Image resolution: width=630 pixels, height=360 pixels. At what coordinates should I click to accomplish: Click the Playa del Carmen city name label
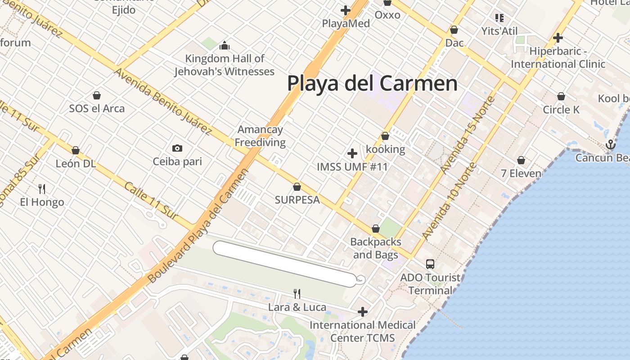click(x=372, y=84)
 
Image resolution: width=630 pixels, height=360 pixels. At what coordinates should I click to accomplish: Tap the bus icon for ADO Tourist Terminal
click(x=430, y=264)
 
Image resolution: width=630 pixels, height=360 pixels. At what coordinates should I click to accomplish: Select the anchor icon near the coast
click(x=611, y=144)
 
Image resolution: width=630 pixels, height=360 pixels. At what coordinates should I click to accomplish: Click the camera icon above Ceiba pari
click(x=177, y=148)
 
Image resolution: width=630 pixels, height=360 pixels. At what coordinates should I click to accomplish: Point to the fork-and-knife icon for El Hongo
click(x=42, y=189)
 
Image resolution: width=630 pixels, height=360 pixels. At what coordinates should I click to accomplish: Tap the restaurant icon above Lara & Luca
click(x=297, y=294)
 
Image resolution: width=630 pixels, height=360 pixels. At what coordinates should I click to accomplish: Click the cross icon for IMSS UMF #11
click(x=352, y=153)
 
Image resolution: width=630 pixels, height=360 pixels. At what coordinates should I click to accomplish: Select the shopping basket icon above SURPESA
click(x=297, y=186)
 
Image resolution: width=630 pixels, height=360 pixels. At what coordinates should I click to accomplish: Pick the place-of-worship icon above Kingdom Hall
click(x=225, y=45)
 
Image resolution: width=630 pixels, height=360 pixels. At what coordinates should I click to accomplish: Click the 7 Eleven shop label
click(x=521, y=173)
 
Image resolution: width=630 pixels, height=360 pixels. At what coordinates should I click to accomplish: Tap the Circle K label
click(x=561, y=110)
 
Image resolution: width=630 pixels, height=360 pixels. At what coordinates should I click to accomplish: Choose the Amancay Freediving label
click(x=260, y=136)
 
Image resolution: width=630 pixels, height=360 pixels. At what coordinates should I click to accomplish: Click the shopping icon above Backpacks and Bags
click(x=376, y=229)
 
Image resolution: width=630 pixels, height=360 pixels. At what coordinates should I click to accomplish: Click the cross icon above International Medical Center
click(x=363, y=311)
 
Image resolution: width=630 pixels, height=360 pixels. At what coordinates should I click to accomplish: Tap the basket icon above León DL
click(x=76, y=150)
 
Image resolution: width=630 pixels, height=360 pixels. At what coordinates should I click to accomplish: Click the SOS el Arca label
click(x=97, y=108)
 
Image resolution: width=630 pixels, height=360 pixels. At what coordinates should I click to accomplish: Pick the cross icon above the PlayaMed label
click(x=346, y=10)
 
